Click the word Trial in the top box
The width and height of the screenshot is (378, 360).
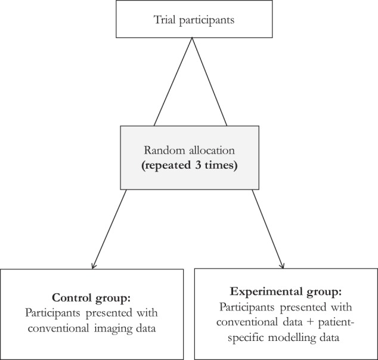pos(165,20)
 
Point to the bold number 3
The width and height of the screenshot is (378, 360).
pos(198,165)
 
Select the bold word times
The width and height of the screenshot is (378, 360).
pos(221,166)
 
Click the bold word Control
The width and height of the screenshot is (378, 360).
pos(72,297)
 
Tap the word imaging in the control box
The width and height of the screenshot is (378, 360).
pos(113,329)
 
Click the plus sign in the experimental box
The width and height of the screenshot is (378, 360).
pos(311,322)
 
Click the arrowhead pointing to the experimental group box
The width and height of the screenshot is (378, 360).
pos(282,266)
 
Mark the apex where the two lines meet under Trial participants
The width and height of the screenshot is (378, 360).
pos(192,38)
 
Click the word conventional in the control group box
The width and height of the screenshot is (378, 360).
pos(58,328)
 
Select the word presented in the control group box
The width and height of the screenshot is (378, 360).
pos(109,314)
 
